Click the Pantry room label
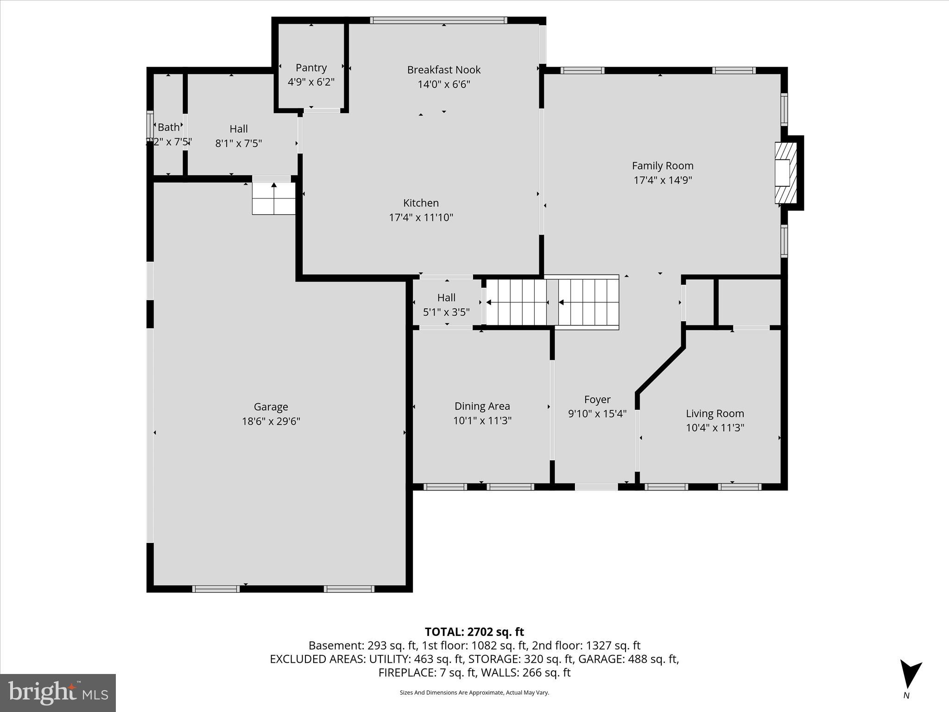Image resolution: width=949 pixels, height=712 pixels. [311, 68]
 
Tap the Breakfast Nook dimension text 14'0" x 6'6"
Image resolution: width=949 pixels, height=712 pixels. [443, 84]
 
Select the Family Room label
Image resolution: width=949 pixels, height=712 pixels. [662, 165]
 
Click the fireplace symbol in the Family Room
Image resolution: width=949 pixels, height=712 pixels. [785, 173]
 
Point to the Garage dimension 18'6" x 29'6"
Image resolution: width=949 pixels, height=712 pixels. [271, 421]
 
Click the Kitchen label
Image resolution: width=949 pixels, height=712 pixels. [420, 203]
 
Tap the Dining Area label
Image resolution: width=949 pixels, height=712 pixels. [482, 406]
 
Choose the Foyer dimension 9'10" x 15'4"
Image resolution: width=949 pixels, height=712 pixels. [597, 413]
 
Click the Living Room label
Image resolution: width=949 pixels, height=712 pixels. [715, 413]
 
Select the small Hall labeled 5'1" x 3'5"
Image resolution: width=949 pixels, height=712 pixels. [446, 298]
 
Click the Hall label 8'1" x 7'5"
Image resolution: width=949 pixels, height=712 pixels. [238, 129]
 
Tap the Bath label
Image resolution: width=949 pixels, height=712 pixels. [168, 127]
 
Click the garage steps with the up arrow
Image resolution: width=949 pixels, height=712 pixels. [273, 198]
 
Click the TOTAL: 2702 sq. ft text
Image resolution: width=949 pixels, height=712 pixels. [474, 632]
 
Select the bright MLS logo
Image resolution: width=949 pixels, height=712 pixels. [58, 693]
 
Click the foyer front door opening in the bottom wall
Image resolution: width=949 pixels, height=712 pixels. [596, 487]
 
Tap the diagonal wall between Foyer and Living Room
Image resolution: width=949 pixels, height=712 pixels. [660, 370]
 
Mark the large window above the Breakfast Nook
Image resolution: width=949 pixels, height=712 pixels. [438, 20]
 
